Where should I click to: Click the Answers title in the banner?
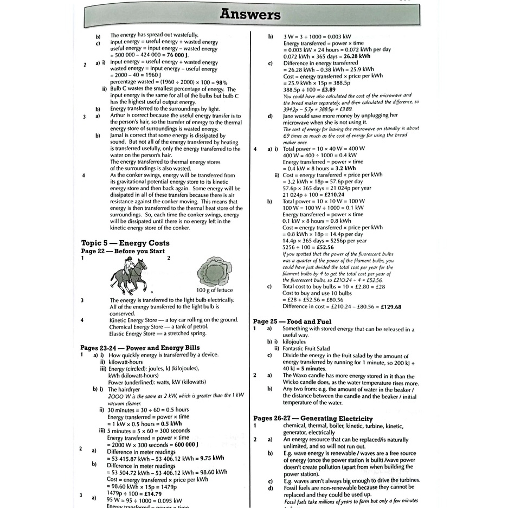click(250, 15)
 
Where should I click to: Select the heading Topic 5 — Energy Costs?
click(125, 243)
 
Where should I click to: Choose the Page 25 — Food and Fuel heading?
click(293, 321)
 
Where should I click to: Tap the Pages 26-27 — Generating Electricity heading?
click(313, 419)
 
